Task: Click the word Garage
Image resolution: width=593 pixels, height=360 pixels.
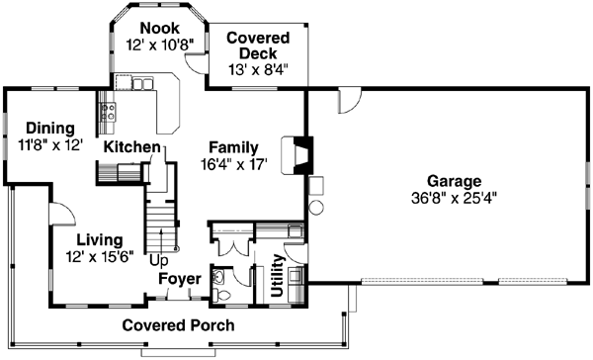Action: [454, 181]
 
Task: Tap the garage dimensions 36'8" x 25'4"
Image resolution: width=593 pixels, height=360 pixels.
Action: [454, 196]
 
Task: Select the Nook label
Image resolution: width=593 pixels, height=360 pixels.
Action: [158, 28]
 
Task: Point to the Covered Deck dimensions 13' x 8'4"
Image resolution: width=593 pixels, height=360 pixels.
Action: [258, 69]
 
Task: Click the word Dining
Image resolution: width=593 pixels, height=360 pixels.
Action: [49, 129]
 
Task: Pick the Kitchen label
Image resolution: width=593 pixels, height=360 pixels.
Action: [132, 147]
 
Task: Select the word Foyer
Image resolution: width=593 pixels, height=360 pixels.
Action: [182, 279]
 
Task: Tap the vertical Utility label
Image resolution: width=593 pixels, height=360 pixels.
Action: [278, 274]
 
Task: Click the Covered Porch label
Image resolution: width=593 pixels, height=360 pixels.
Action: [178, 325]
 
